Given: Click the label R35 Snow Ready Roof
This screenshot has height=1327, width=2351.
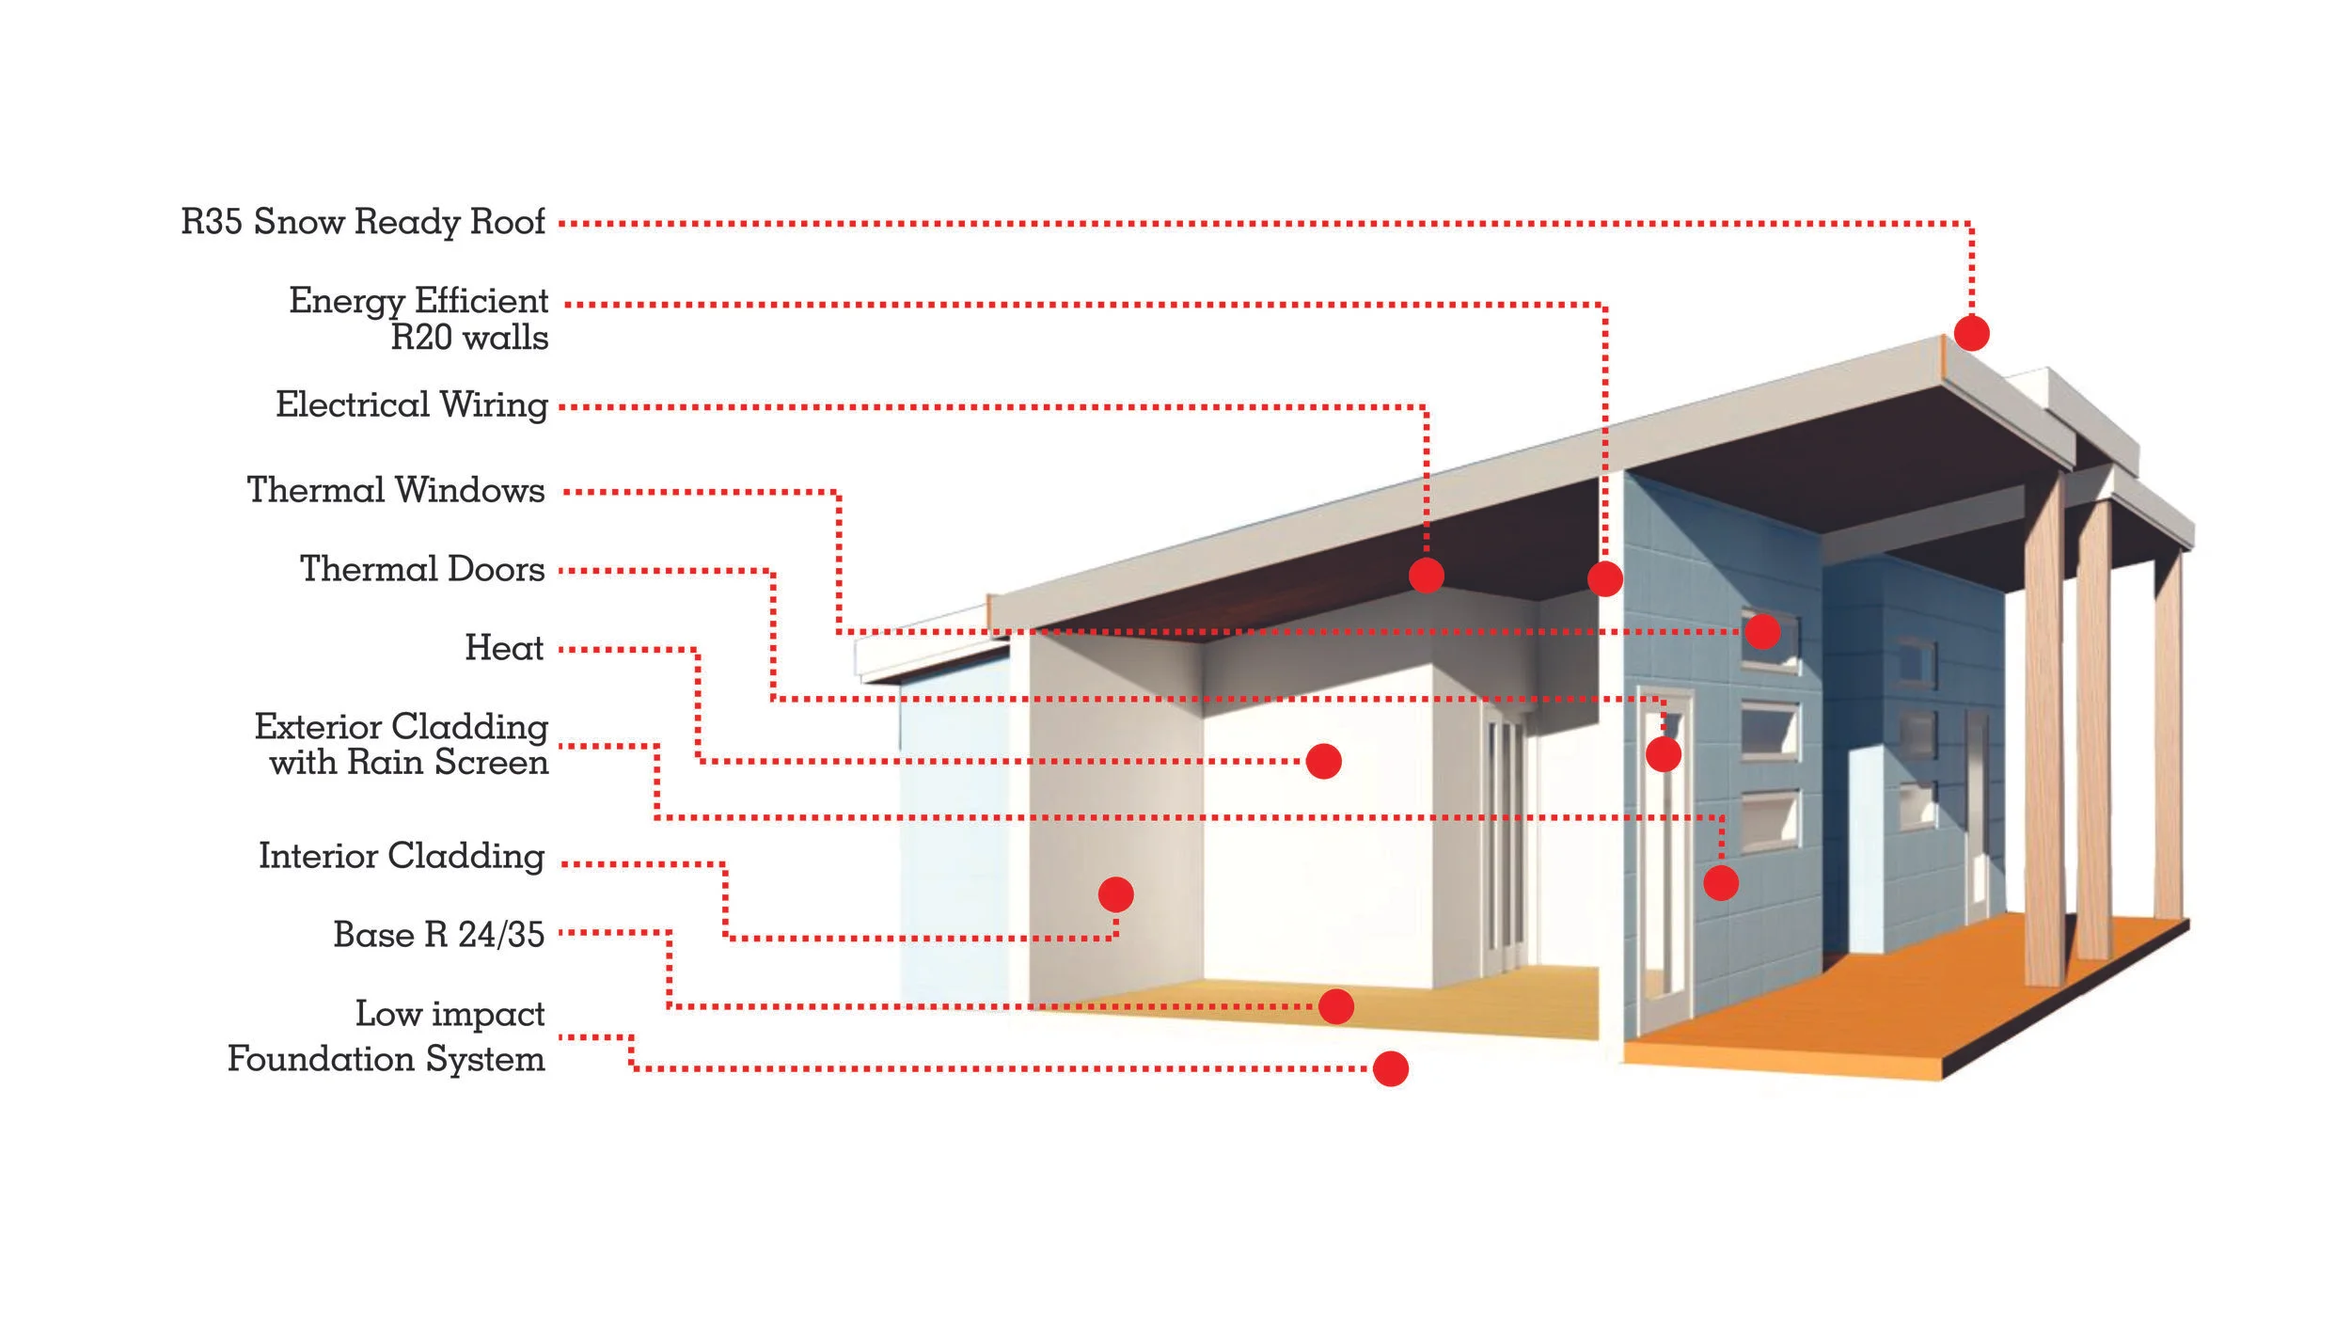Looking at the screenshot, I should pos(363,222).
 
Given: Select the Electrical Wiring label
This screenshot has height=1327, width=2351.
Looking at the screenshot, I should pos(411,405).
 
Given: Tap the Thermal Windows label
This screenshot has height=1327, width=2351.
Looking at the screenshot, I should pos(396,490).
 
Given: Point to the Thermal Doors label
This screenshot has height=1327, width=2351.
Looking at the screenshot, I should pos(422,569).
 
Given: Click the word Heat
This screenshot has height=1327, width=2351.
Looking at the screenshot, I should pos(504,648).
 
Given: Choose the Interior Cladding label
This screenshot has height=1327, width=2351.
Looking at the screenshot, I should pos(402,856).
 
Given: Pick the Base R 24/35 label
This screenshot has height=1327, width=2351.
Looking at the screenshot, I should pos(439,935).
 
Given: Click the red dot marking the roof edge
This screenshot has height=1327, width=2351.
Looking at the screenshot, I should pos(1971,333).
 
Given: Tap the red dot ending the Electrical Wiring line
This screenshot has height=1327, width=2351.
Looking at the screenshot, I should pos(1427,576).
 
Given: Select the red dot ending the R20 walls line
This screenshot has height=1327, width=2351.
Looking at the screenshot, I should pos(1604,578).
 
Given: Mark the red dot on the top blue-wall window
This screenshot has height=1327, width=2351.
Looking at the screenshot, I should pos(1762,630).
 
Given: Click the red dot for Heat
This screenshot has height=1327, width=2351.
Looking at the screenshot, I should pos(1323,761).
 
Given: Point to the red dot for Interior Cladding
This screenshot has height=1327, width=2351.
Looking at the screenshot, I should pos(1115,894).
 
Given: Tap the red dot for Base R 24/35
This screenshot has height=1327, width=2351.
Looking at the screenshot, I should pos(1335,1006).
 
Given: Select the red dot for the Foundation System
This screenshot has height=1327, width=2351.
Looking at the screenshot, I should pos(1390,1068).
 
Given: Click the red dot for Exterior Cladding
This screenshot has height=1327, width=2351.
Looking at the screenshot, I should pos(1720,882).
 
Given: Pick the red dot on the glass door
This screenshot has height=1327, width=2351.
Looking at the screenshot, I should pos(1663,753).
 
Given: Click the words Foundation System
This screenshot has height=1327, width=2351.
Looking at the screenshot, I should pos(387,1059).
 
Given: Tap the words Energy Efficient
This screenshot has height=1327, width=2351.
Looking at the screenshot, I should pos(418,301).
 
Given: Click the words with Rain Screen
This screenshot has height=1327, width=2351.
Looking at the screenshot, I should pos(409,762).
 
